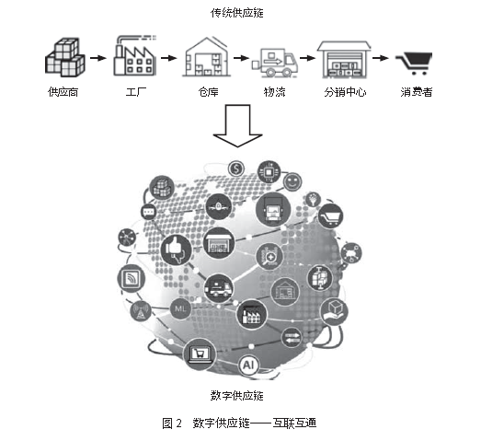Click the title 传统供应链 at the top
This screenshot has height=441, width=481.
(236, 13)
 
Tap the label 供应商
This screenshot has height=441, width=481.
(63, 92)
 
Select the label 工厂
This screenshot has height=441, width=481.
(136, 92)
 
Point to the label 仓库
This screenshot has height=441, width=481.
(208, 92)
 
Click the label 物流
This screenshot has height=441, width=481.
(275, 92)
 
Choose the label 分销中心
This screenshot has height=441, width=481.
(345, 92)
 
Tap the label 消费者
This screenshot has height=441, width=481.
(417, 92)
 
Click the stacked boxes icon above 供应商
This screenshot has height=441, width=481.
(64, 57)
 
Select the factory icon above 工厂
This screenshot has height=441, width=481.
(134, 55)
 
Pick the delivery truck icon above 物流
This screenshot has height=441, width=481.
(275, 63)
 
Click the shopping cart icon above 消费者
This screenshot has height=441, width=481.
(414, 64)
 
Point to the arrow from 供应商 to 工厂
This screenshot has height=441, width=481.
(97, 58)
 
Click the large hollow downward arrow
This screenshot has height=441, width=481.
(237, 126)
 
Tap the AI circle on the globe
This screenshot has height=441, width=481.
(248, 366)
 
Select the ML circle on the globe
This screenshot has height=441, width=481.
(180, 308)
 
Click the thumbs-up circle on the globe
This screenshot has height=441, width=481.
(176, 250)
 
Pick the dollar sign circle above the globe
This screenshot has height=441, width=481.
(236, 168)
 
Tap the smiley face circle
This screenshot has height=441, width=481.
(292, 181)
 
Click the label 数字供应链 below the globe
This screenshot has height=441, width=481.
(236, 396)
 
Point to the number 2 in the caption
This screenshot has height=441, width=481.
(179, 424)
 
